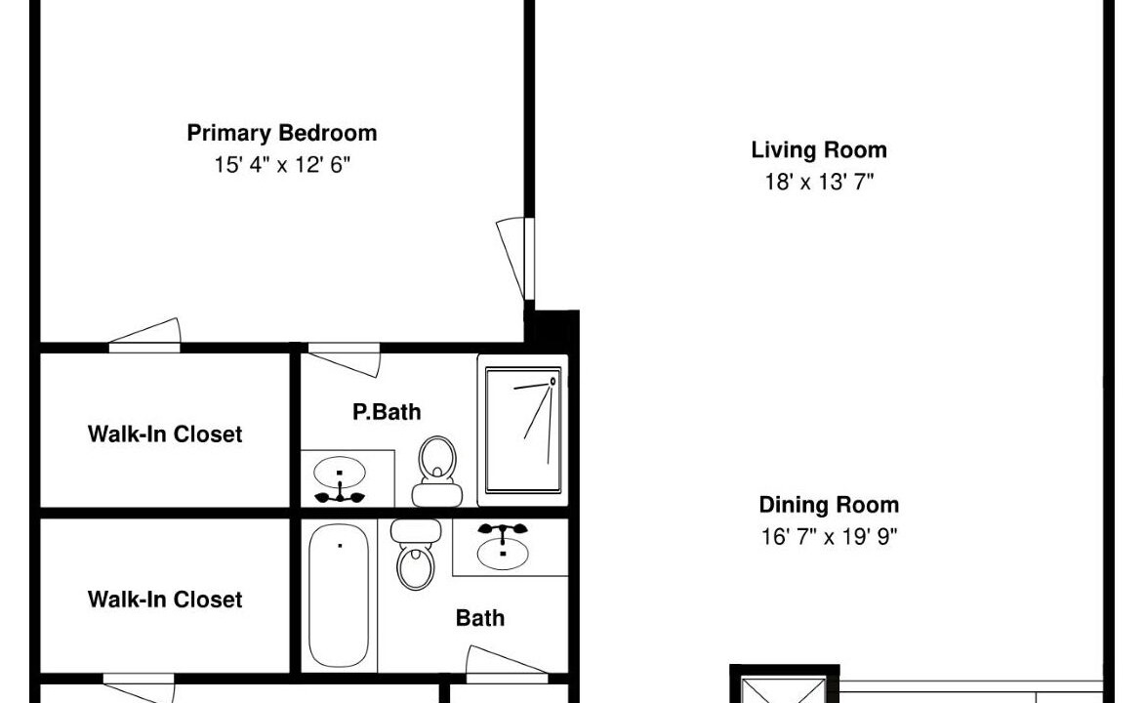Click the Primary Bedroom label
[x=282, y=133]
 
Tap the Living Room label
[x=819, y=149]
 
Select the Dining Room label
[x=829, y=505]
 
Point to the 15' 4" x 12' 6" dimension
[x=282, y=165]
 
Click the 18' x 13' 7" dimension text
[x=819, y=182]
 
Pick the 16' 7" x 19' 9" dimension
[x=829, y=537]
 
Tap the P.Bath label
[x=387, y=412]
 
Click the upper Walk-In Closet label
[x=165, y=434]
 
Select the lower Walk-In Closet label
[x=165, y=600]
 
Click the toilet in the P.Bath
[x=437, y=472]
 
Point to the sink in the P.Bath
[x=340, y=478]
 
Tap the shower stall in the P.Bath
[x=523, y=431]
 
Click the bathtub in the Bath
[x=339, y=595]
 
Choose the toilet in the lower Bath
[x=416, y=554]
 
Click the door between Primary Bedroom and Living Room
[x=514, y=258]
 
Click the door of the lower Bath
[x=507, y=660]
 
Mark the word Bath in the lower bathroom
[x=479, y=618]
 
